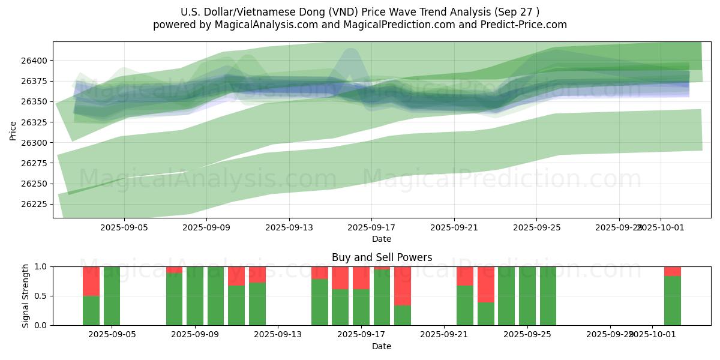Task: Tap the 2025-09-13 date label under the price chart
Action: coord(289,227)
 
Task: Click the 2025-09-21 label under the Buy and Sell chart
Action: coord(443,335)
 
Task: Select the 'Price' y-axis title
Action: coord(13,130)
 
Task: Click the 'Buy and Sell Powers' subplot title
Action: coord(382,257)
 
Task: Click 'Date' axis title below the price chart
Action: coord(382,239)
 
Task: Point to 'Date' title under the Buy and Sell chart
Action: coord(382,346)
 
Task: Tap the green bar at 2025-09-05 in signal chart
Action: coord(112,296)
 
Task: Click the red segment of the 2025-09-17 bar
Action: coord(361,277)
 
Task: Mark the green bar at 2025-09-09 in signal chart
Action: coord(194,296)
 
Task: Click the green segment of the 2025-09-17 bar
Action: coord(361,307)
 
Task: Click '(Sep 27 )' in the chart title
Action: coord(516,12)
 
